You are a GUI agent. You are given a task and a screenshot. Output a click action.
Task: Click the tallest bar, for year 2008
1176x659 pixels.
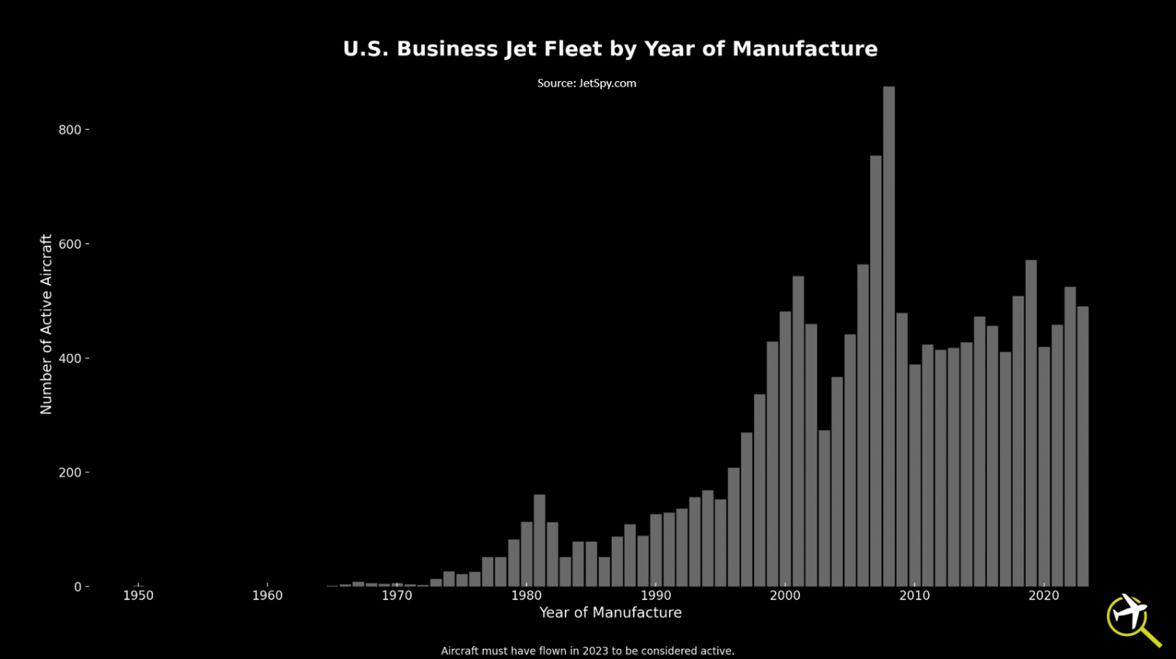889,337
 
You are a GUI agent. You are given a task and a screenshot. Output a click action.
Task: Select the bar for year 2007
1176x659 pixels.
876,371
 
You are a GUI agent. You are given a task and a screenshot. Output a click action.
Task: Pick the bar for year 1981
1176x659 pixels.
540,540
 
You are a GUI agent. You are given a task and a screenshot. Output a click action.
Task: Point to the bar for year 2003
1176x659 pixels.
825,508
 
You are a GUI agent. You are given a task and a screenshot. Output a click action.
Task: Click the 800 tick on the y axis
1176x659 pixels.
70,130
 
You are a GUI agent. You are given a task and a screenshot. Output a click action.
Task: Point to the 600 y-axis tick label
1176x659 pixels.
70,244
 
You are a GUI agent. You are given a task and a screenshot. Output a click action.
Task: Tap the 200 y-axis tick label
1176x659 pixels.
70,473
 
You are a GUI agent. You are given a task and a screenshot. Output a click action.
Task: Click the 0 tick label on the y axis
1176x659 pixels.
77,587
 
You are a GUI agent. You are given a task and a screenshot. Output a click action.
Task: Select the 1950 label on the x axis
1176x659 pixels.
139,595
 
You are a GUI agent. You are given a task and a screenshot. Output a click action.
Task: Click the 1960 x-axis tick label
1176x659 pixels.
267,595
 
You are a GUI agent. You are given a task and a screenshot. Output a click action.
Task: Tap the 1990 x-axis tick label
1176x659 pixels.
655,595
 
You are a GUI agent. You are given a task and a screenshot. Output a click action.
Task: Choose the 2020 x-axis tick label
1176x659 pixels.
1044,595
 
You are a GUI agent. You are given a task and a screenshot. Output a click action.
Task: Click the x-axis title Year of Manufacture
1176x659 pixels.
610,612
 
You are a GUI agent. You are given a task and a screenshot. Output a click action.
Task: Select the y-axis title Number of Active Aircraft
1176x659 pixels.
46,325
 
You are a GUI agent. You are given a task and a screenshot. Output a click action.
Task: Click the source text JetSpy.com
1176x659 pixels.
586,83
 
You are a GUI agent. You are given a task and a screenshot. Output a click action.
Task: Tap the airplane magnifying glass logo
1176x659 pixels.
1132,618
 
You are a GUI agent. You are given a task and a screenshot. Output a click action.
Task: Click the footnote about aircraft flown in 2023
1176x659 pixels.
587,651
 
